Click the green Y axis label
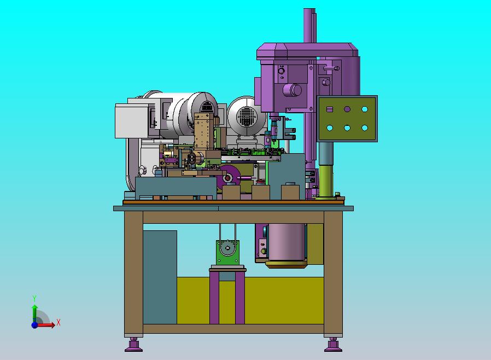click(x=34, y=298)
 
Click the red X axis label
click(x=59, y=322)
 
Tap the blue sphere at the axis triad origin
click(x=34, y=325)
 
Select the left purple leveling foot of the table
click(x=133, y=345)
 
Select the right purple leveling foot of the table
click(x=333, y=345)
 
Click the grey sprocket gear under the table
click(x=227, y=248)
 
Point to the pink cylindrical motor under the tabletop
click(x=287, y=242)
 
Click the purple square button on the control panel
click(x=329, y=109)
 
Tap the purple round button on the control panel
click(x=347, y=109)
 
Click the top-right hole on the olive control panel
click(x=365, y=109)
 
